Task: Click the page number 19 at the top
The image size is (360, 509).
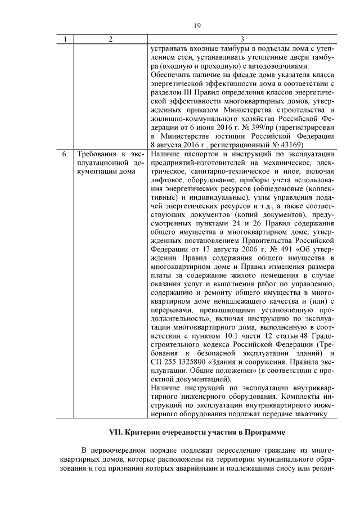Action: (x=197, y=25)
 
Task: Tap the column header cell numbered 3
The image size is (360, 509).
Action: (x=241, y=39)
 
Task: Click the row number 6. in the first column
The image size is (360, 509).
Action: (x=65, y=154)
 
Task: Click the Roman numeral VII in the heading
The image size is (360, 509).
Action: (x=116, y=433)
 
